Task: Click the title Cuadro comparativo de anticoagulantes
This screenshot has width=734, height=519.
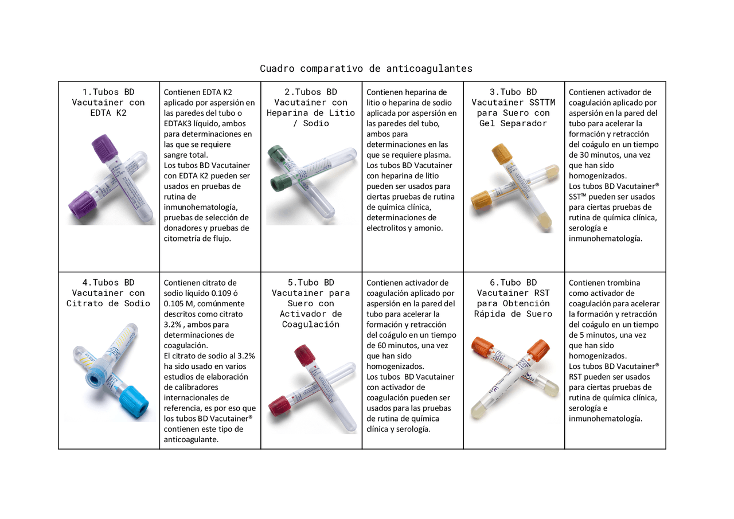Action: pyautogui.click(x=366, y=68)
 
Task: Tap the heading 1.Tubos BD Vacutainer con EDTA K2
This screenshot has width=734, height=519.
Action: pyautogui.click(x=108, y=102)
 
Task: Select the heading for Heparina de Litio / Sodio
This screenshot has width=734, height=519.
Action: pyautogui.click(x=311, y=107)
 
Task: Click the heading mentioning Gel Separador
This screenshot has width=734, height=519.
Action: pyautogui.click(x=513, y=107)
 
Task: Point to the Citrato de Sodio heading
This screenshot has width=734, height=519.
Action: pyautogui.click(x=108, y=293)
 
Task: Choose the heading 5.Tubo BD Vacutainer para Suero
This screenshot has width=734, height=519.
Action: pyautogui.click(x=311, y=303)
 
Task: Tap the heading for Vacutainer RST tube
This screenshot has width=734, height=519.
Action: pyautogui.click(x=513, y=298)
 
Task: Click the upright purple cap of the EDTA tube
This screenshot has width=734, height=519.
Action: pyautogui.click(x=104, y=148)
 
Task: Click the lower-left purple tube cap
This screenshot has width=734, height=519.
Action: pyautogui.click(x=81, y=208)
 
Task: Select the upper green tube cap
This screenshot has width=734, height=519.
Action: pyautogui.click(x=278, y=155)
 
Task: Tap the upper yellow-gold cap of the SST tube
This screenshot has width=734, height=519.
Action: pyautogui.click(x=502, y=154)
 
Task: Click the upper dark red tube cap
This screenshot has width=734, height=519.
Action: pyautogui.click(x=304, y=356)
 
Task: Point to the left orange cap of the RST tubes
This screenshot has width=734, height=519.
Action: pyautogui.click(x=482, y=348)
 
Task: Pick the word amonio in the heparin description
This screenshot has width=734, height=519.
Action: pyautogui.click(x=428, y=228)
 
